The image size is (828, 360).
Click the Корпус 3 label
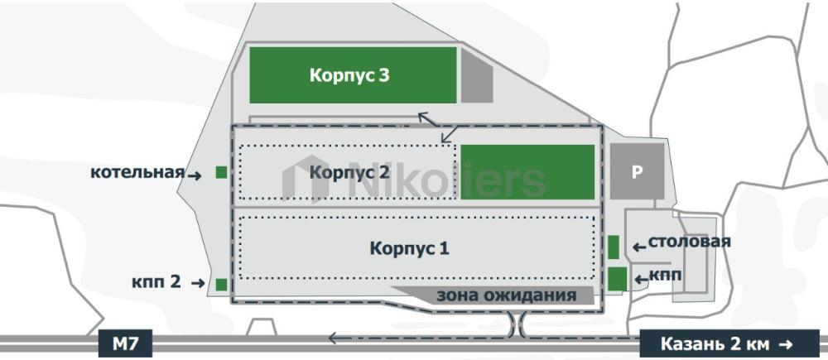349,75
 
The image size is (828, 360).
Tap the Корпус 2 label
349,172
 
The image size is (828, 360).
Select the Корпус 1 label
409,248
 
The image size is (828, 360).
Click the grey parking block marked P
637,171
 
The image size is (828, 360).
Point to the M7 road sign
126,344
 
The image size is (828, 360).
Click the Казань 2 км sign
729,344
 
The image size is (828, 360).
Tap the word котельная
137,173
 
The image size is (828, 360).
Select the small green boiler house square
221,172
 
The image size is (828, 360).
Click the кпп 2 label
156,282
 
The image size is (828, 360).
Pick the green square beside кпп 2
221,285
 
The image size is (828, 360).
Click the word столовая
689,242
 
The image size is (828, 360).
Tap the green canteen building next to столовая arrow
613,247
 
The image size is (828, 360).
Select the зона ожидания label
506,295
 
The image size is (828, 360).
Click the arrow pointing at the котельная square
195,176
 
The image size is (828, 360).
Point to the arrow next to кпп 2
198,284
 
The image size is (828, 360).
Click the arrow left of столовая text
639,247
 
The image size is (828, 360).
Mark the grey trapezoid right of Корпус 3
477,75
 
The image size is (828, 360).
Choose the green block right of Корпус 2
527,172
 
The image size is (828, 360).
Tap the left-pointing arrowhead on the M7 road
333,338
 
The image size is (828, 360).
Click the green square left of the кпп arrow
617,279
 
